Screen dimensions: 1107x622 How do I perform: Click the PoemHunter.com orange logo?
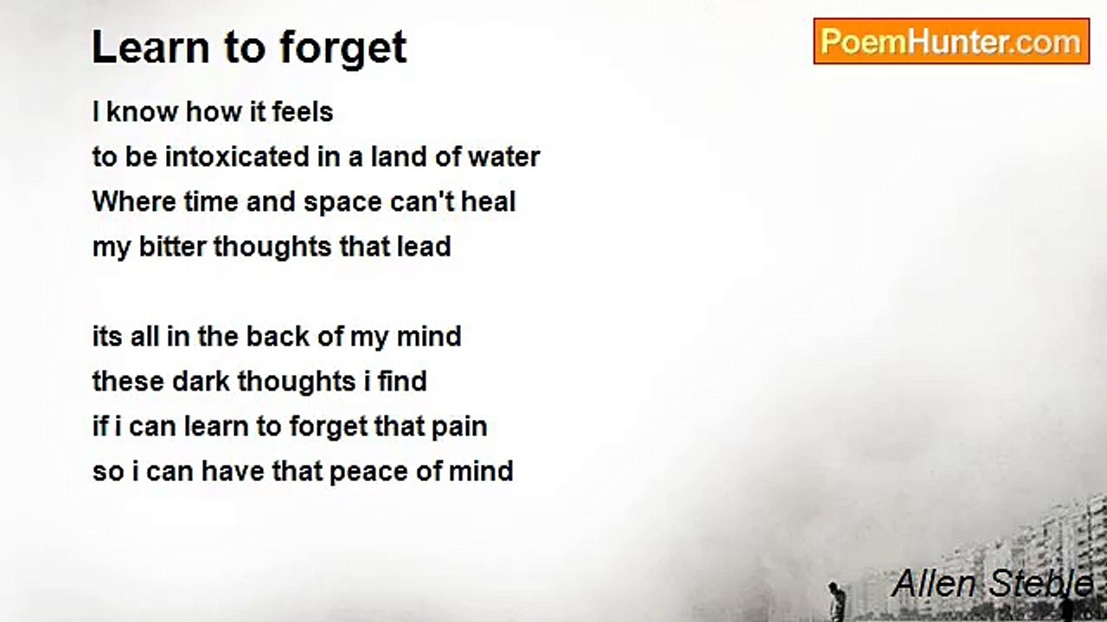951,41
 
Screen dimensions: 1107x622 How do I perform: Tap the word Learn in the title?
150,48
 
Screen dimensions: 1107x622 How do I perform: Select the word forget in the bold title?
343,48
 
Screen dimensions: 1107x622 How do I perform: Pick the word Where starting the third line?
134,201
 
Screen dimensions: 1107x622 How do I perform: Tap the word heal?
489,201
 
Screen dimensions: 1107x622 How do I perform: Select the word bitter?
172,246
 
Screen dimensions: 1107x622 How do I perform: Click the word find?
402,381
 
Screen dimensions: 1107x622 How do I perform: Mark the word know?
143,111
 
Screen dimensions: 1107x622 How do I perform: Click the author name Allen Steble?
992,583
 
